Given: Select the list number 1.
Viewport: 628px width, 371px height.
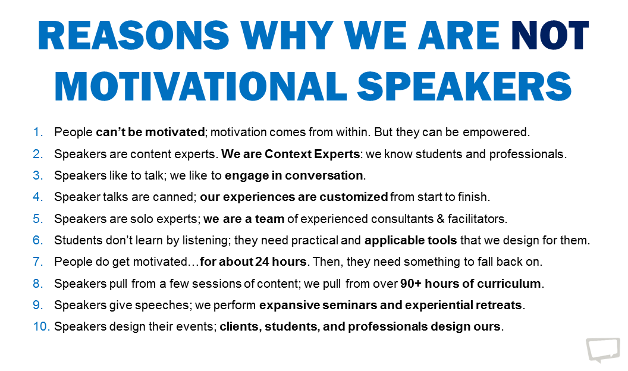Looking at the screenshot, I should [x=39, y=131].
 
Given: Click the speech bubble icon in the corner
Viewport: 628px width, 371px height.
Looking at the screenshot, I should [x=602, y=350].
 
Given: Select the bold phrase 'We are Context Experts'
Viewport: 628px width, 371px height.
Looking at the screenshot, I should [x=291, y=153].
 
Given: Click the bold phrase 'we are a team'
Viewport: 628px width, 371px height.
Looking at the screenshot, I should [x=244, y=219].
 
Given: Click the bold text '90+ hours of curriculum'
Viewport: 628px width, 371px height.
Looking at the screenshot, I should [x=470, y=284].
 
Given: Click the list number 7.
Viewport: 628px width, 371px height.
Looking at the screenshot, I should [x=39, y=262].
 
